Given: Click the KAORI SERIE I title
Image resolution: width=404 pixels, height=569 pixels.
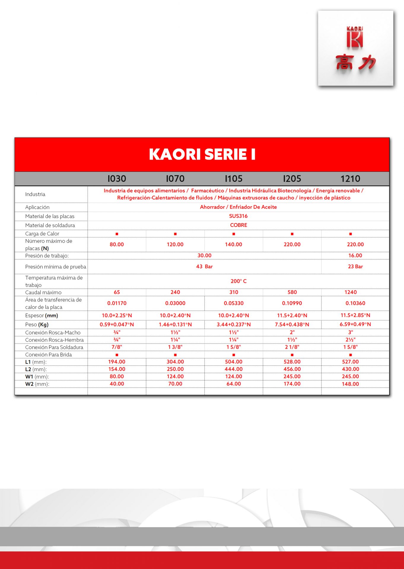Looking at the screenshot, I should point(202,154).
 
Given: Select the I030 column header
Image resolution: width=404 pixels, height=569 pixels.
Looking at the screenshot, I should point(117,179).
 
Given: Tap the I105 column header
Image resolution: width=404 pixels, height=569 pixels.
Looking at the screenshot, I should point(234,179).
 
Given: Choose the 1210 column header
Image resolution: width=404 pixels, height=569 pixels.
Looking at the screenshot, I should point(350,179).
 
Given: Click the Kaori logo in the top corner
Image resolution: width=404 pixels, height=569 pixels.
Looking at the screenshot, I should point(355,48).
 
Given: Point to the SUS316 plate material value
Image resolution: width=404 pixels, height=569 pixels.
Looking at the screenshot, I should point(238,216).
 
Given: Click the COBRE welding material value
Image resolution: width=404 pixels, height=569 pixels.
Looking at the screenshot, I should point(238,225).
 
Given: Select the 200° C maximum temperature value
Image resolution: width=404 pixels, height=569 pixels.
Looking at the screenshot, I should point(238,281).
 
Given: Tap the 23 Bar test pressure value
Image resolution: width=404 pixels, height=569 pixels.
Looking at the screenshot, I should point(355,266).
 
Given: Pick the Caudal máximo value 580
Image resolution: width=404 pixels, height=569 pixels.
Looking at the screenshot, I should point(292,292).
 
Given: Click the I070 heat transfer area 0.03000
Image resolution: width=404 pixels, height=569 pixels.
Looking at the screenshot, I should point(175,303).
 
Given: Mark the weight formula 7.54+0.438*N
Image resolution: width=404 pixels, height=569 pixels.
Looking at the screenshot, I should point(292,325).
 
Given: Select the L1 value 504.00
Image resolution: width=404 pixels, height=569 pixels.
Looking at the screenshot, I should point(234,362).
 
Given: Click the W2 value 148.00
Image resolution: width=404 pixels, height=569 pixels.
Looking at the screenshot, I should point(350,384).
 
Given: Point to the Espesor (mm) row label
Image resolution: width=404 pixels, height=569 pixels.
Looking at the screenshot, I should point(42,316).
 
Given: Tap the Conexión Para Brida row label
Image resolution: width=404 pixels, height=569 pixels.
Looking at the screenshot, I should point(48,355).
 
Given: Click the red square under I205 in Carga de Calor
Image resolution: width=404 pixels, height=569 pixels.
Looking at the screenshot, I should point(292,234).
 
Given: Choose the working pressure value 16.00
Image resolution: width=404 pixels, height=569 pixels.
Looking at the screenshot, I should point(355,255).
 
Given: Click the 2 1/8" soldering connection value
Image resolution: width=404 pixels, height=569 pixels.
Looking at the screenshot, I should point(292,347).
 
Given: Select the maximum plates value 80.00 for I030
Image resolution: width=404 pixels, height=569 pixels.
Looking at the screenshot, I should point(117,244).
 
